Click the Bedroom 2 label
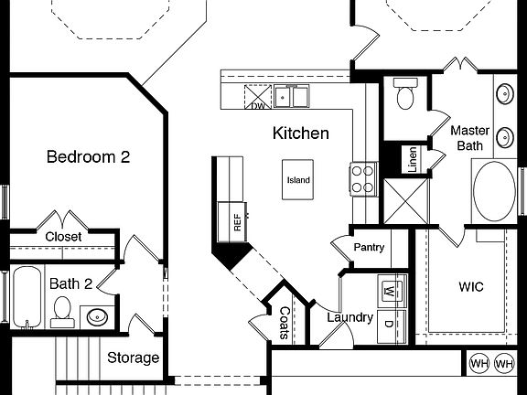pos(88,156)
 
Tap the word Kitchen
pos(301,133)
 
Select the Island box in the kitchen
pos(298,180)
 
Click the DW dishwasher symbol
pos(260,98)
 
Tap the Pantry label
pos(369,247)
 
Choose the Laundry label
pos(350,317)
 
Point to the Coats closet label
pos(285,322)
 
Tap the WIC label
pos(471,286)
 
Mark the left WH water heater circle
pos(479,364)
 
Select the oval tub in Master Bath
pos(495,192)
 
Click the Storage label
pos(134,358)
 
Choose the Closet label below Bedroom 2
pos(63,237)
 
